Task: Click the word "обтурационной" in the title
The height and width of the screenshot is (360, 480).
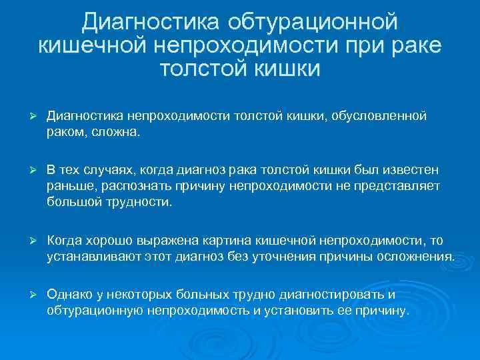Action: pyautogui.click(x=314, y=23)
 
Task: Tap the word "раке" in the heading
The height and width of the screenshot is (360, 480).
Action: pyautogui.click(x=411, y=45)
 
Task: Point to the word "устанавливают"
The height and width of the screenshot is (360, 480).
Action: pyautogui.click(x=90, y=255)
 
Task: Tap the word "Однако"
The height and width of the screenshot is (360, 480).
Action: pyautogui.click(x=69, y=295)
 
